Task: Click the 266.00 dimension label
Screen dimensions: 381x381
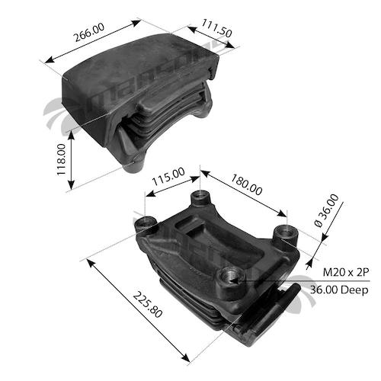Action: tap(89, 32)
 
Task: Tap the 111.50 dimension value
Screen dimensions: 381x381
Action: tap(216, 28)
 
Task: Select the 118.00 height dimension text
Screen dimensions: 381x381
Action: tap(61, 159)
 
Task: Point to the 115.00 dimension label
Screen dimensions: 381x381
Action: tap(168, 176)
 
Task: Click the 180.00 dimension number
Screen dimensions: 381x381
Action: tap(246, 184)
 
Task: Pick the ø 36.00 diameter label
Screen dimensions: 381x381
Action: tap(326, 210)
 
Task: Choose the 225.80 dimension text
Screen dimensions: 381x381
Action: tap(148, 305)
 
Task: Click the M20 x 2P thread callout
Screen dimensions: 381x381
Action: tap(346, 273)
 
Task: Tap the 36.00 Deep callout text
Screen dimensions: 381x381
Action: tap(339, 290)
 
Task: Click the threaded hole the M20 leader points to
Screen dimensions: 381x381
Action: tap(231, 276)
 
